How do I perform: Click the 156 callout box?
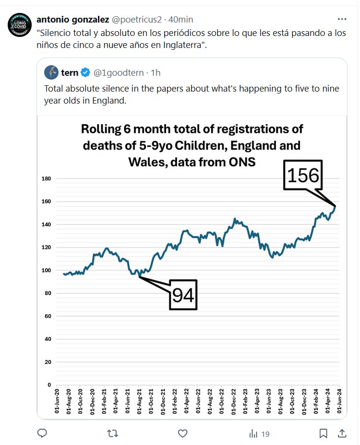tap(303, 176)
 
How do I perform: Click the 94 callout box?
tap(183, 295)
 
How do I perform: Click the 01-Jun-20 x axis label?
tap(57, 403)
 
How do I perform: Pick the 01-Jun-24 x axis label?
tap(339, 403)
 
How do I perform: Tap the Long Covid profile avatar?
tap(20, 25)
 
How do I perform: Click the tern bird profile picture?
tap(51, 73)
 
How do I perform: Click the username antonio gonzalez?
tap(72, 19)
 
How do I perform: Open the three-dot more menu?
tap(342, 19)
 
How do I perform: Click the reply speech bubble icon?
tap(42, 433)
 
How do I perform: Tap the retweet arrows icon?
tap(112, 433)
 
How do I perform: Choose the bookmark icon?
tap(324, 433)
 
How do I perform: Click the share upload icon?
tap(342, 433)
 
